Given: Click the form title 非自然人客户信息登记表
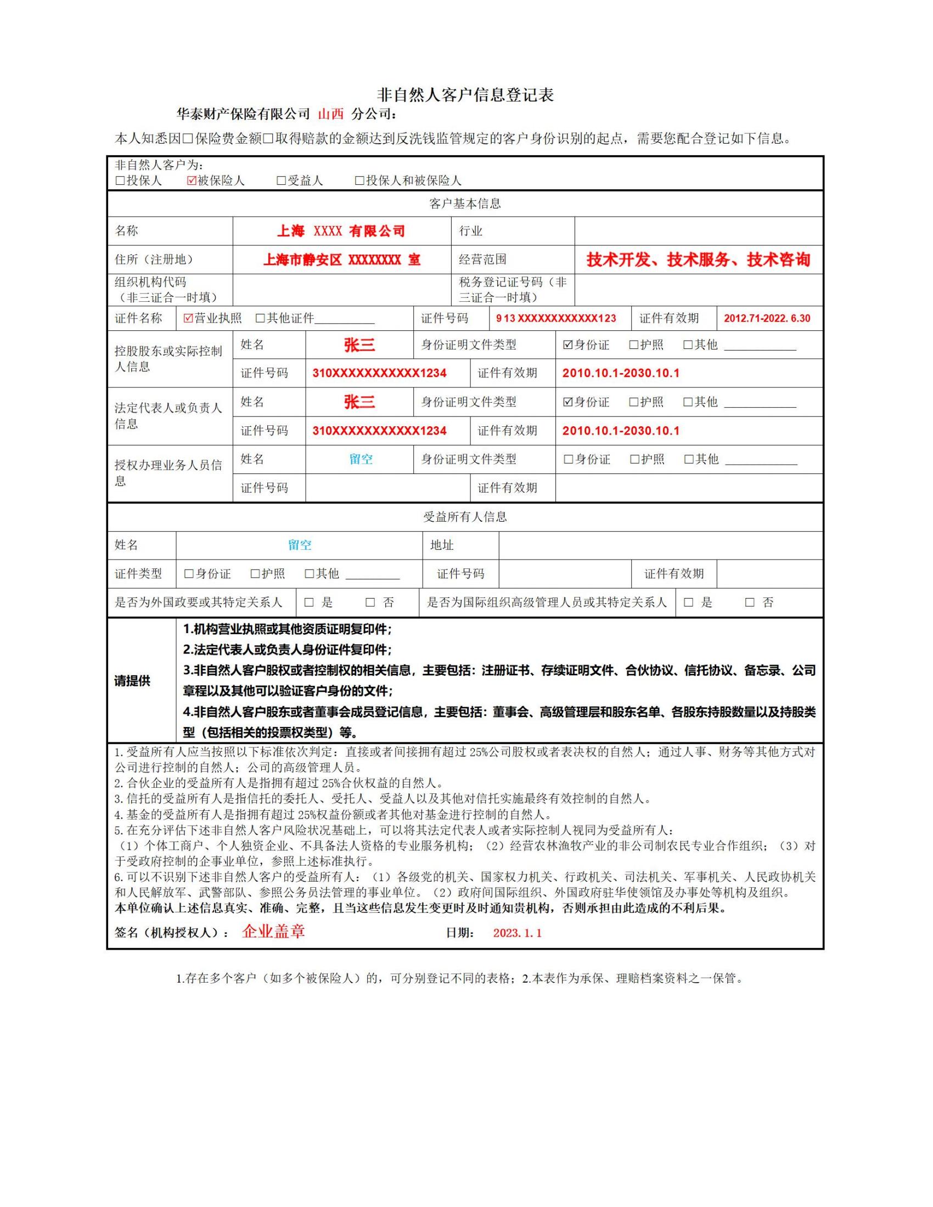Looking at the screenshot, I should pyautogui.click(x=465, y=95).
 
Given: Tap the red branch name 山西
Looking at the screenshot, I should pyautogui.click(x=330, y=115).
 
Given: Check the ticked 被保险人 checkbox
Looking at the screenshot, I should pyautogui.click(x=192, y=180).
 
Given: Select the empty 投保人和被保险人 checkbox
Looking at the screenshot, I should pyautogui.click(x=359, y=180).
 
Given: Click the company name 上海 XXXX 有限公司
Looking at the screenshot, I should pyautogui.click(x=341, y=231).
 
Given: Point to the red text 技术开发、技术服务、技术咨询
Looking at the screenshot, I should pyautogui.click(x=698, y=259).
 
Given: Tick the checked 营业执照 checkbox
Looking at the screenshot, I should pyautogui.click(x=188, y=318).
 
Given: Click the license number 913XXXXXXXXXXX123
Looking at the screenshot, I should pyautogui.click(x=555, y=318).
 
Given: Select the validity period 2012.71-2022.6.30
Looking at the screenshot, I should pyautogui.click(x=767, y=318).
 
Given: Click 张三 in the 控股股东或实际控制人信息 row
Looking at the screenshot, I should pyautogui.click(x=359, y=345).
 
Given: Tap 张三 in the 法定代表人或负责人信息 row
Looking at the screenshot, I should pyautogui.click(x=359, y=402).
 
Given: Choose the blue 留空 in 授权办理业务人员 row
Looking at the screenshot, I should pyautogui.click(x=361, y=459).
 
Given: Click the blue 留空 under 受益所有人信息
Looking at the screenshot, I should pyautogui.click(x=300, y=545).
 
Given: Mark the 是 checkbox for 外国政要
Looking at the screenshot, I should pyautogui.click(x=309, y=602).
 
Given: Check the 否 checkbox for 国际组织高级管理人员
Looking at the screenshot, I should pyautogui.click(x=749, y=602).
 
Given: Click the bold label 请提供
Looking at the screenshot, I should pyautogui.click(x=132, y=681).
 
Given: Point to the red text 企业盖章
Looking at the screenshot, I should pyautogui.click(x=273, y=932).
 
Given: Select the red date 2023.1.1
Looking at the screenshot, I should pyautogui.click(x=517, y=933).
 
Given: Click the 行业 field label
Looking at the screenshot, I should pyautogui.click(x=470, y=231).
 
